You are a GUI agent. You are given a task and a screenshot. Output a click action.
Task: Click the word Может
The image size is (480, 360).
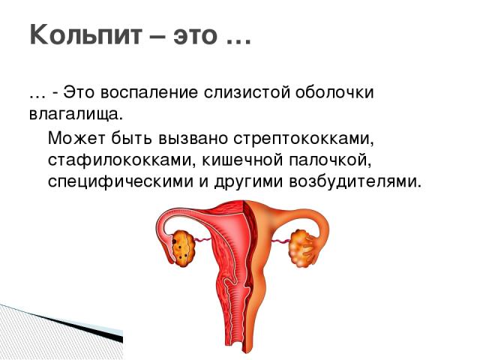tap(77, 139)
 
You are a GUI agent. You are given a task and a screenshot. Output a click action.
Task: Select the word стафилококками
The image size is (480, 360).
tap(111, 160)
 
